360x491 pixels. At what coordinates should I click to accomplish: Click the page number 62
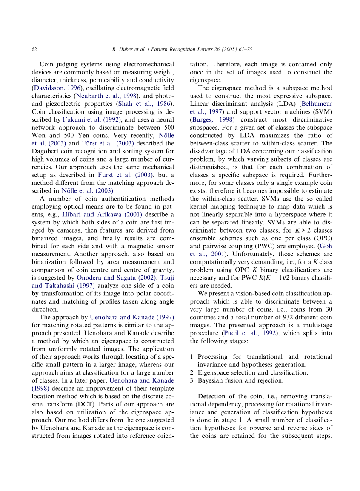[34, 49]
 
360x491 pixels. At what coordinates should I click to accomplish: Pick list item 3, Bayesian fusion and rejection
[236, 380]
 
